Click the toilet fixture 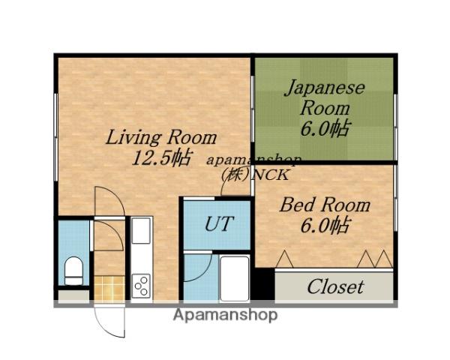tap(73, 271)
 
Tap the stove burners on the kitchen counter tap(141, 286)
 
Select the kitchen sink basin tap(141, 230)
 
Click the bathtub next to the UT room tap(235, 278)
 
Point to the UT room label tap(218, 223)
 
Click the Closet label tap(335, 286)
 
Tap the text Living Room tap(161, 137)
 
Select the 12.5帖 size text tap(161, 157)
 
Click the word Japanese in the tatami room tap(325, 88)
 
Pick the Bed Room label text tap(325, 205)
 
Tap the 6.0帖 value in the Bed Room tap(325, 225)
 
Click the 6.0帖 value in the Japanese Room tap(325, 128)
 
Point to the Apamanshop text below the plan tap(225, 315)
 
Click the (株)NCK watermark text tap(254, 175)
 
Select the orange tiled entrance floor tap(109, 288)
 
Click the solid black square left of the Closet tap(263, 284)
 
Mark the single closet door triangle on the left tap(284, 259)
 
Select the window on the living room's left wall tap(56, 137)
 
